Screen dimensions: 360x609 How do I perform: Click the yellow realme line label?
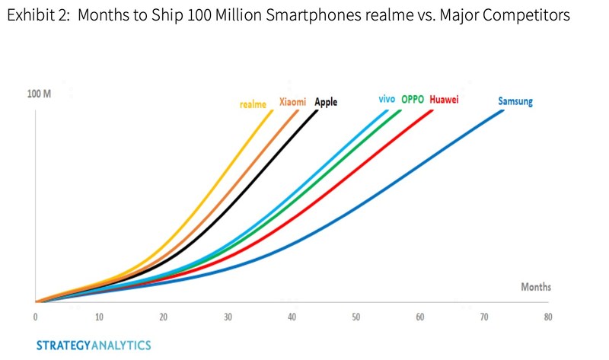[x=253, y=105]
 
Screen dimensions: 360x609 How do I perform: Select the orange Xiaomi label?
[x=293, y=102]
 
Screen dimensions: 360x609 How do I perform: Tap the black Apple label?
[x=326, y=102]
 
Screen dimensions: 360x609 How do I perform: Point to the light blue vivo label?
[x=387, y=99]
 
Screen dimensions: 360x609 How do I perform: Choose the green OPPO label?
[x=413, y=99]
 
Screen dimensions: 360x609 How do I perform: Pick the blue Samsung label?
[x=515, y=100]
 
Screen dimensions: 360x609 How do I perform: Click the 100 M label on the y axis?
[x=39, y=94]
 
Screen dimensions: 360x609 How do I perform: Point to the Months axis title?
[x=536, y=287]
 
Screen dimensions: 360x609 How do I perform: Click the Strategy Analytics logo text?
[x=94, y=345]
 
